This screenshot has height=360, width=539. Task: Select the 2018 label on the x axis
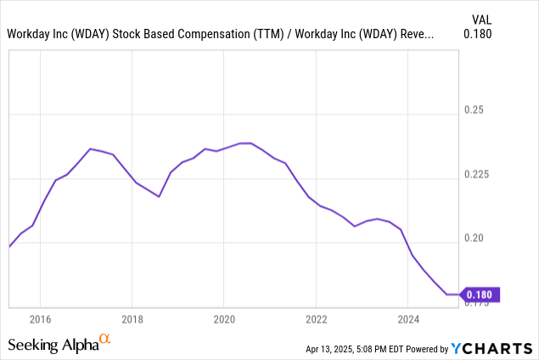(132, 319)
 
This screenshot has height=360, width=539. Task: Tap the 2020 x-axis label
(223, 319)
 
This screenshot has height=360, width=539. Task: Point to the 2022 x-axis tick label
(316, 319)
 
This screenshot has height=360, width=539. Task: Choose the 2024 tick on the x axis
(408, 319)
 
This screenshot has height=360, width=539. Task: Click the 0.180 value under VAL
(478, 35)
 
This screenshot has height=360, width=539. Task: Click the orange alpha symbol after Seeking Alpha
(105, 339)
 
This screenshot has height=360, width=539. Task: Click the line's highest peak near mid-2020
(246, 143)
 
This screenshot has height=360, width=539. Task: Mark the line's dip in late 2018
(159, 196)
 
